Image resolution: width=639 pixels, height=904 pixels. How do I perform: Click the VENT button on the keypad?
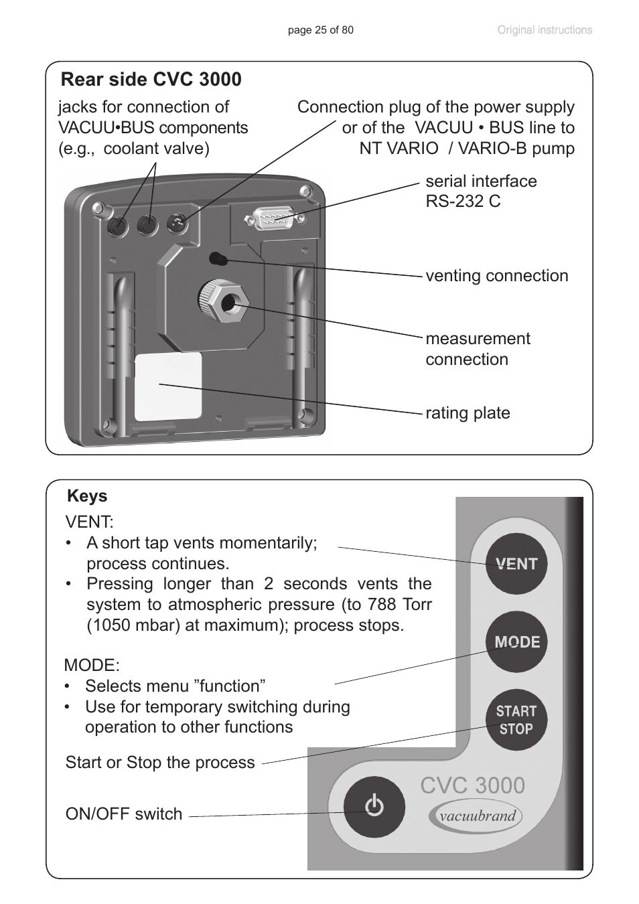point(516,564)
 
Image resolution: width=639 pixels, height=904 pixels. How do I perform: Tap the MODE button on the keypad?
point(516,642)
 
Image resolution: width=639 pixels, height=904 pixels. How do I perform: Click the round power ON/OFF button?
point(374,806)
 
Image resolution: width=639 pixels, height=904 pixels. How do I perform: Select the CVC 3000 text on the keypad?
point(473,785)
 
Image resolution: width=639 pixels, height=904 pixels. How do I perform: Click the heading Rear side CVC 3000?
point(151,79)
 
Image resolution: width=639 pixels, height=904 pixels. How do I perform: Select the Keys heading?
point(87,496)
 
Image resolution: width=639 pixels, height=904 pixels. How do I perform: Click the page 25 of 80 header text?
point(320,30)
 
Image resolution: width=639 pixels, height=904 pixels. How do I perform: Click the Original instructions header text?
point(544,30)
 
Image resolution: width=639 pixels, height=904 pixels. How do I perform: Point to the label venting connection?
point(496,276)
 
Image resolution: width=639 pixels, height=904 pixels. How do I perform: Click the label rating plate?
point(468,413)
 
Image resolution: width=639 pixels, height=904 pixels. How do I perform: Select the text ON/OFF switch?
point(124,814)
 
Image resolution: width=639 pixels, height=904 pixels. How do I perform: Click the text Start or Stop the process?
point(160,763)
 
